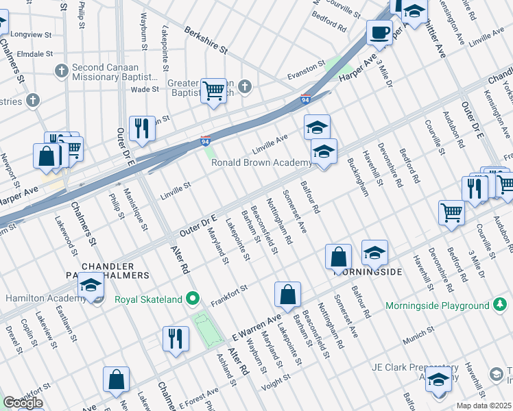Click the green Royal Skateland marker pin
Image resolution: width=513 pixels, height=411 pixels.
pyautogui.click(x=194, y=299)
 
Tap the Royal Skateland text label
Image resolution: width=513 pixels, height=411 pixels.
pyautogui.click(x=148, y=299)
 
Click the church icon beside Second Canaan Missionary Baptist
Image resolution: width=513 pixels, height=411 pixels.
pyautogui.click(x=61, y=70)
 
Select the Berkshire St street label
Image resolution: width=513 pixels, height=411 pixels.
pyautogui.click(x=205, y=40)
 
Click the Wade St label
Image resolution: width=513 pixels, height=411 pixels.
pyautogui.click(x=145, y=89)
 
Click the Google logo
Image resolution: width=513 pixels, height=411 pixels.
pyautogui.click(x=23, y=403)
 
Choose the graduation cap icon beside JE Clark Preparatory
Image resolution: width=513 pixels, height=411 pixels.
pyautogui.click(x=438, y=380)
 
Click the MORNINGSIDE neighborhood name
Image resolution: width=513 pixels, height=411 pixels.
pyautogui.click(x=367, y=272)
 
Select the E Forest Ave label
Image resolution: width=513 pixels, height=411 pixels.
pyautogui.click(x=200, y=398)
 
